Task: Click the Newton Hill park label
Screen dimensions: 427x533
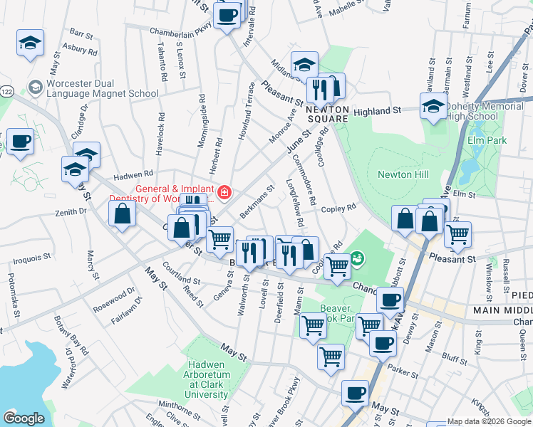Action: (394, 174)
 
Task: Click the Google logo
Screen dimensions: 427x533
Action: (24, 418)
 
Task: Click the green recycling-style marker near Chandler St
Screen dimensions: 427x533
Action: (358, 258)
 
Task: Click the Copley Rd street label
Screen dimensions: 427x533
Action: (338, 208)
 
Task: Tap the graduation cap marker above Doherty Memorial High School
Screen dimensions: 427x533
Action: (433, 106)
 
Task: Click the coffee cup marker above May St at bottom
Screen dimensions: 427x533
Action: (355, 392)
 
